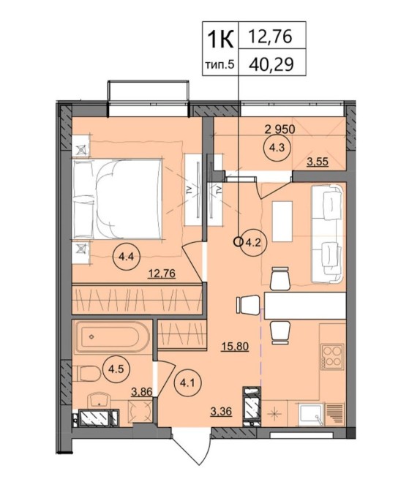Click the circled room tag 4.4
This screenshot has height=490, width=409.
tap(127, 257)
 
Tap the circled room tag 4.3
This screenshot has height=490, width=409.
tap(278, 148)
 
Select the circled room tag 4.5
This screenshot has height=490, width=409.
tap(116, 369)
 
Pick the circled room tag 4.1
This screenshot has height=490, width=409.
tap(187, 382)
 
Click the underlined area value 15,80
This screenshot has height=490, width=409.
tap(235, 347)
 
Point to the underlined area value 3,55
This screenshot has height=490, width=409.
tap(318, 162)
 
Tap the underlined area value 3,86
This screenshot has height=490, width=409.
tap(142, 391)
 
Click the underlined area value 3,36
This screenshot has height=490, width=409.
tap(222, 412)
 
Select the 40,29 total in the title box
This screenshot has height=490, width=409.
tap(271, 64)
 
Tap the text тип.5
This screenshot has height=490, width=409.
tap(219, 64)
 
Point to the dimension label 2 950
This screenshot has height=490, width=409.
tap(279, 129)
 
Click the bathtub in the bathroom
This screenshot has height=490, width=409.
tap(112, 337)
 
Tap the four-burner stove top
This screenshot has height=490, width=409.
tap(332, 356)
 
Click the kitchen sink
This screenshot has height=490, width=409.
tap(310, 415)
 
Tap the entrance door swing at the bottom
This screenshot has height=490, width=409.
tap(190, 451)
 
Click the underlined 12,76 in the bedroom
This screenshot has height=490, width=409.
tap(162, 274)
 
